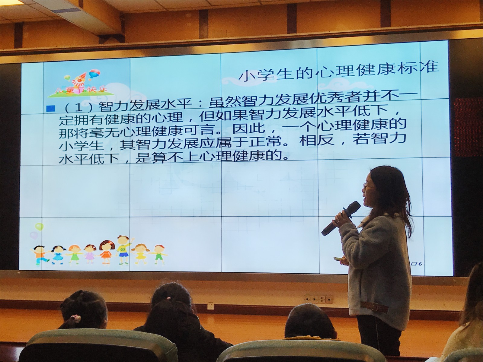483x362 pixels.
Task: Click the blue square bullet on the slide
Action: (x=51, y=109)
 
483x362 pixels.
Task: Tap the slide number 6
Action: (x=420, y=264)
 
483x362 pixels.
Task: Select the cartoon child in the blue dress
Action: (x=58, y=255)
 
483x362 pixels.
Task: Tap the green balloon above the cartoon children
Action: (x=39, y=226)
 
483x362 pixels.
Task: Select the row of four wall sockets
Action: (x=318, y=299)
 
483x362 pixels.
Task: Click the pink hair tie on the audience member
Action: (x=77, y=318)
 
